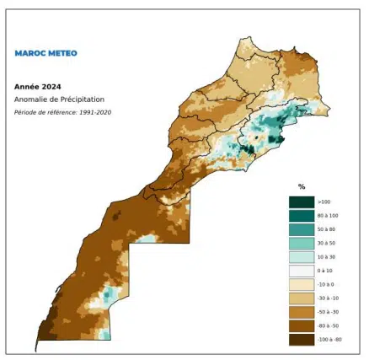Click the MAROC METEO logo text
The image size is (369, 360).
[45, 53]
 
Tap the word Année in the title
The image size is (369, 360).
[25, 86]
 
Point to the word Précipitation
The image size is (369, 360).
[80, 99]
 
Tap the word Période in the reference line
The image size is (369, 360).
[29, 112]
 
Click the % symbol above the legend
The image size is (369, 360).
[302, 186]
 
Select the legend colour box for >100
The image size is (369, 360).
[301, 201]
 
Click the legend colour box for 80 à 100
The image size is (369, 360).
[301, 215]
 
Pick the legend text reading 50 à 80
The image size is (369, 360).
[327, 229]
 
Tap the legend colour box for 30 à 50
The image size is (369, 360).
[301, 243]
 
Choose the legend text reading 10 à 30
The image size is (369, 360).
[327, 257]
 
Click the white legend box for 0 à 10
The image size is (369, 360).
[301, 271]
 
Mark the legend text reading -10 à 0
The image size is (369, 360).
[326, 285]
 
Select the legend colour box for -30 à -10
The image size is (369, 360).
[301, 298]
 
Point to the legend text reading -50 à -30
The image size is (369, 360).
[328, 312]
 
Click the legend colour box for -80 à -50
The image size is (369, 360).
[301, 325]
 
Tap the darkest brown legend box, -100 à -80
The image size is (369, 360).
[301, 340]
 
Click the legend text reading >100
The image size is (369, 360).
[324, 201]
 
